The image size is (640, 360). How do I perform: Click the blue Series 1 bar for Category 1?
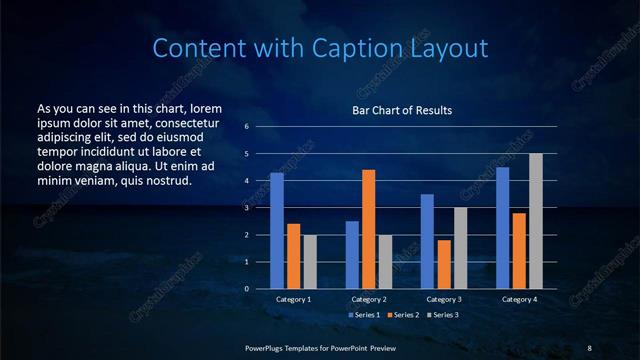tap(277, 231)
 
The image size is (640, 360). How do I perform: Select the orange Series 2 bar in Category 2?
tap(369, 229)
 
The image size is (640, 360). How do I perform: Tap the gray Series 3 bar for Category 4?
tap(536, 221)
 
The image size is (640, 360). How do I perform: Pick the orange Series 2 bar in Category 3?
tap(444, 264)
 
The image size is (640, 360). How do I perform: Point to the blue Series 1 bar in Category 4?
tap(503, 228)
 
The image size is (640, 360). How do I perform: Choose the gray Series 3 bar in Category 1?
tap(310, 262)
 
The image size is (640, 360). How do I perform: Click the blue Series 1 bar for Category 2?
tap(352, 255)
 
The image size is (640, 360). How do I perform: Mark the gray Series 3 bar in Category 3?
tap(461, 248)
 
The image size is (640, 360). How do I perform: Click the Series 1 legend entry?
tap(364, 315)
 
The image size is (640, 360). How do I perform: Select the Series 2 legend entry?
tap(400, 315)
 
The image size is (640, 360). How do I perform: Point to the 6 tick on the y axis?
tap(247, 127)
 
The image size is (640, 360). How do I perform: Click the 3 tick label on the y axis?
tap(247, 208)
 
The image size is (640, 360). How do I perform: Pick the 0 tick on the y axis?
tap(247, 289)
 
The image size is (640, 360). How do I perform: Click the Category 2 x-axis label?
tap(369, 299)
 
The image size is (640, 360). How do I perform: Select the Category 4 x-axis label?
tap(519, 299)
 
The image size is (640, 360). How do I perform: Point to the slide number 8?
tap(589, 347)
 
